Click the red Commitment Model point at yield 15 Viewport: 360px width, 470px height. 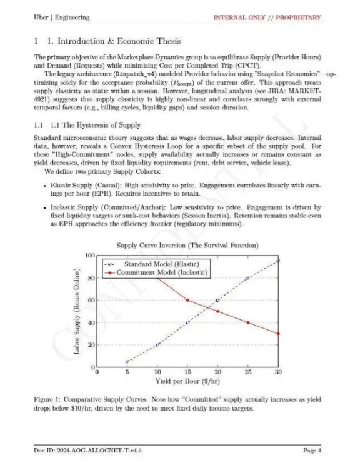coord(187,300)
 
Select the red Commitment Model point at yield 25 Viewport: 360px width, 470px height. coord(248,322)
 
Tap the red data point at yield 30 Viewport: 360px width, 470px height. coord(279,334)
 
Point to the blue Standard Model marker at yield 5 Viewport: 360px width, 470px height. coord(127,362)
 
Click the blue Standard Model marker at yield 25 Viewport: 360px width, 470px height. coord(248,277)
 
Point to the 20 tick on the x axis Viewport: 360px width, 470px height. coord(217,372)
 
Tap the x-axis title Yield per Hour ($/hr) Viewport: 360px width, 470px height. coord(187,381)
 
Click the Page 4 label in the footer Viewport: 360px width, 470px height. coord(312,450)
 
